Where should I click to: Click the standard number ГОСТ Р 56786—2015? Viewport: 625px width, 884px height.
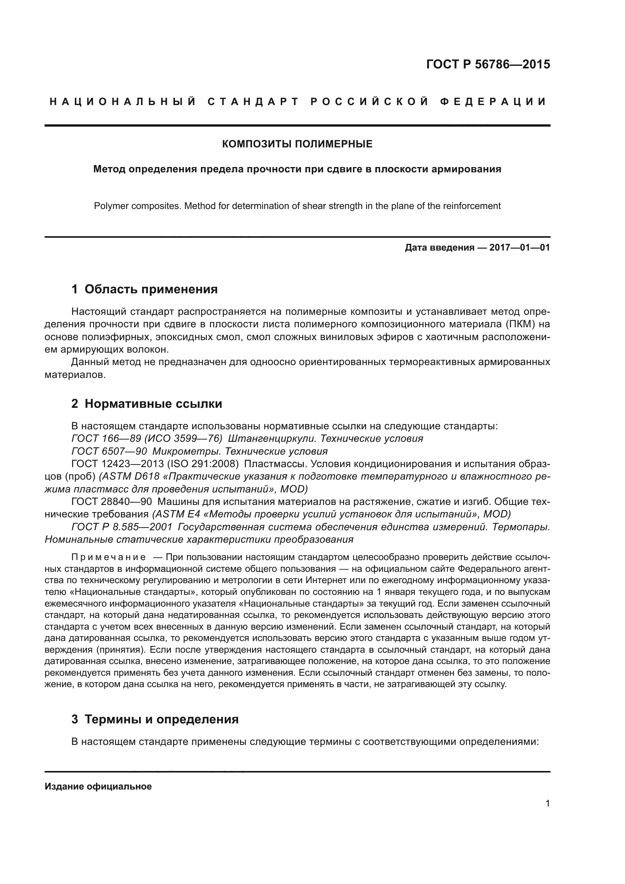[x=488, y=64]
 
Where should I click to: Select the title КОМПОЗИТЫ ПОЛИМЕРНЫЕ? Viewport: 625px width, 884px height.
[x=297, y=144]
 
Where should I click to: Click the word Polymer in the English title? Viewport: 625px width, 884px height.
[x=109, y=206]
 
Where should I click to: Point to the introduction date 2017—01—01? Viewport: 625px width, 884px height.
[x=519, y=248]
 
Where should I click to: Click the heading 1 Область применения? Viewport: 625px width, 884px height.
[x=144, y=289]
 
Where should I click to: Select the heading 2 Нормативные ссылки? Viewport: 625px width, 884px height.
[x=147, y=404]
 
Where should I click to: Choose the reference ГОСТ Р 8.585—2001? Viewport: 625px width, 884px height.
[x=122, y=527]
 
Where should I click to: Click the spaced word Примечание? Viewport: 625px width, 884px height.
[x=108, y=557]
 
